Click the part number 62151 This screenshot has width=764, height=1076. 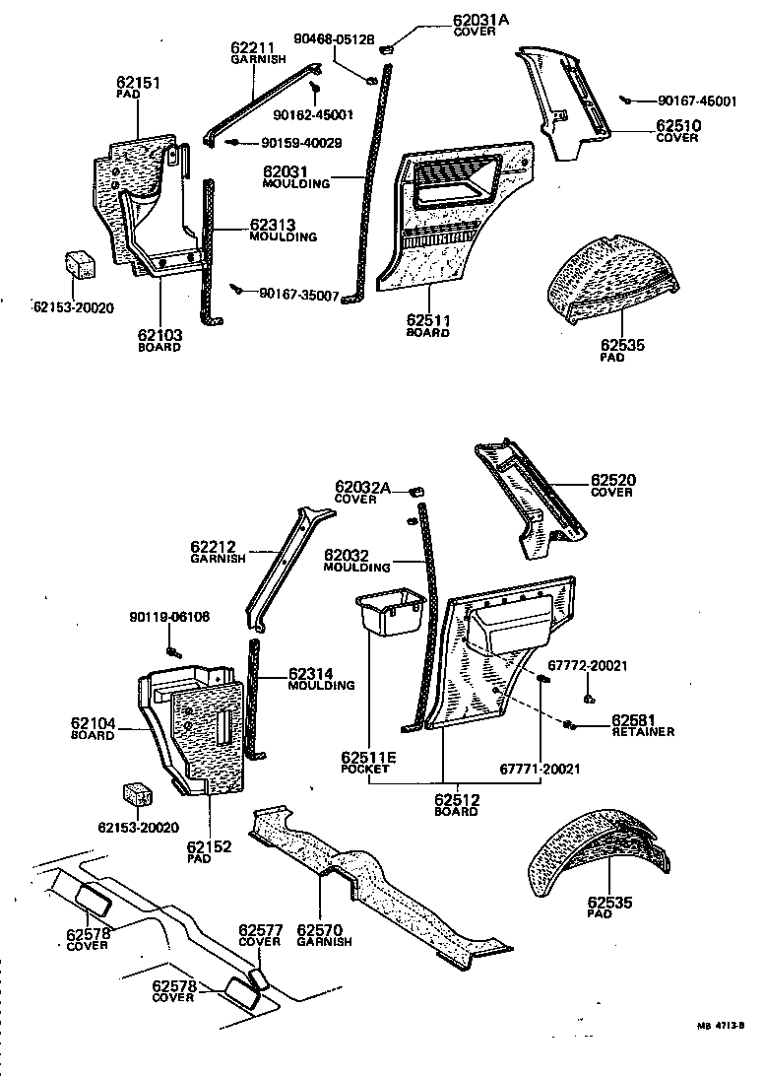tap(139, 86)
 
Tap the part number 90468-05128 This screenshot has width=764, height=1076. tap(334, 38)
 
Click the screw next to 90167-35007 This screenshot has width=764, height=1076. tap(238, 288)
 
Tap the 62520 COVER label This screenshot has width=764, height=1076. tap(612, 485)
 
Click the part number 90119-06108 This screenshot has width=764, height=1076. tap(169, 618)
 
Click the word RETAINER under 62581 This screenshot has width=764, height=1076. tap(643, 732)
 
